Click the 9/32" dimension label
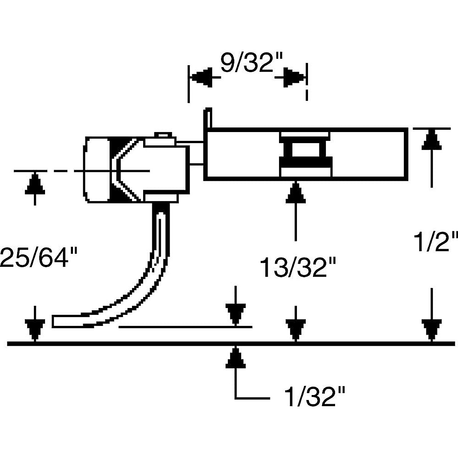click(x=252, y=63)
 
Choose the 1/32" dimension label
click(x=315, y=397)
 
